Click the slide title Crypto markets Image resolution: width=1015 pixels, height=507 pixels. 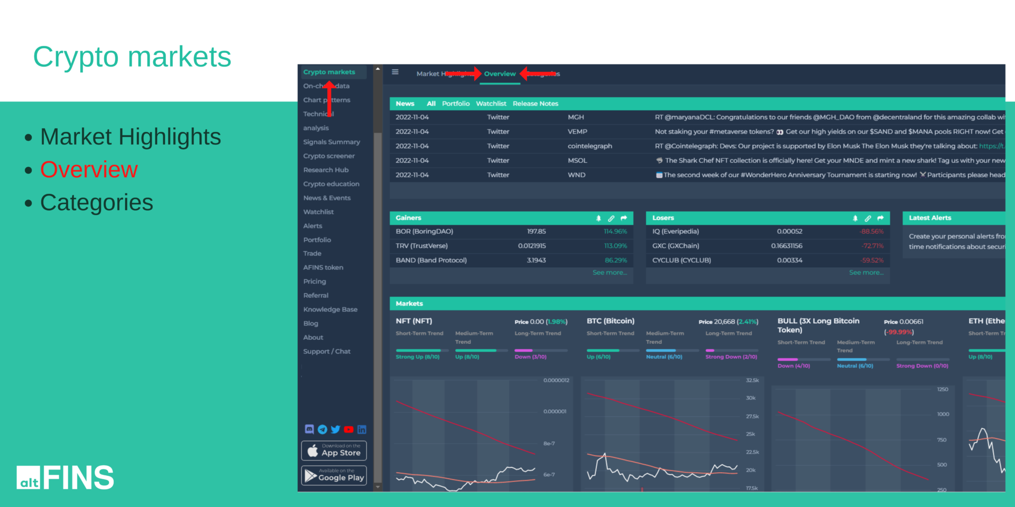pos(132,57)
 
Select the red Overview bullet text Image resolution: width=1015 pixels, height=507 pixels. pos(89,170)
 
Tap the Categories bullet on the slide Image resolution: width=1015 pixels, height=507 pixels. pos(96,203)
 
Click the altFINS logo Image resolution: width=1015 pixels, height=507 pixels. pos(65,477)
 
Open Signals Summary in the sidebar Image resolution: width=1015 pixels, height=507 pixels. pos(331,142)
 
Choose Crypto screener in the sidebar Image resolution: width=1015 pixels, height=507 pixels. pos(329,156)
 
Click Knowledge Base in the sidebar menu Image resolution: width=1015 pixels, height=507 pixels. pos(330,309)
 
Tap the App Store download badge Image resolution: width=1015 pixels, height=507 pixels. pos(334,450)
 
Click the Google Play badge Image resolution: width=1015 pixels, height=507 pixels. pos(334,475)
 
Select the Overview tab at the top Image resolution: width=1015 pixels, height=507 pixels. pos(500,74)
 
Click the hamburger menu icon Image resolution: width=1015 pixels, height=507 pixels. pos(395,72)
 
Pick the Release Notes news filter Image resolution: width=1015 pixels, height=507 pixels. pos(535,104)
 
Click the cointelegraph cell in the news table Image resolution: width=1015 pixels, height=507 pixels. pos(589,146)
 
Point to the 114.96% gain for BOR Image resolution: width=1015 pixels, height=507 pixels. pos(615,232)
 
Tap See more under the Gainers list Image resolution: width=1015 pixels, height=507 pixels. pos(609,273)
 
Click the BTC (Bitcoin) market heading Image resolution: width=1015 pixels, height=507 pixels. pos(610,321)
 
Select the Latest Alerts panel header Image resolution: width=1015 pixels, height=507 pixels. pos(930,218)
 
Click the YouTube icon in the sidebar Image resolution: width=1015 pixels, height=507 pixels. pos(348,429)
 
